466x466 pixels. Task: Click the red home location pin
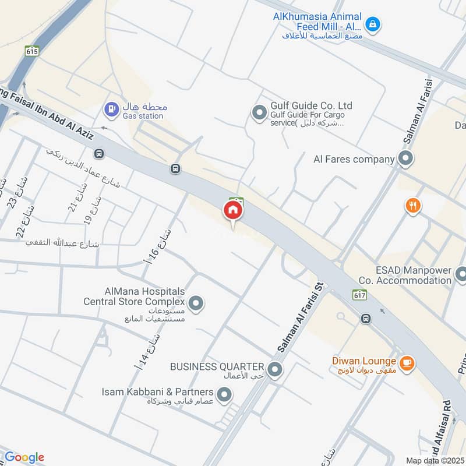233,211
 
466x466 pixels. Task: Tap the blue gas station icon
109,108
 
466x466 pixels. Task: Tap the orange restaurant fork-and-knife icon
413,205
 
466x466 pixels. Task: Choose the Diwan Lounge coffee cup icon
407,362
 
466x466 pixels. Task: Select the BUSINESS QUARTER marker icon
275,368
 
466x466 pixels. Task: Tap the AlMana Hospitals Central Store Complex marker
196,303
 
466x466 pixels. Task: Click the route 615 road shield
32,51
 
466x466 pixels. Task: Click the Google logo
24,457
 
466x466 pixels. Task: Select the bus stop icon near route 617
366,319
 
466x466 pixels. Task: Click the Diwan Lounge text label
365,362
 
